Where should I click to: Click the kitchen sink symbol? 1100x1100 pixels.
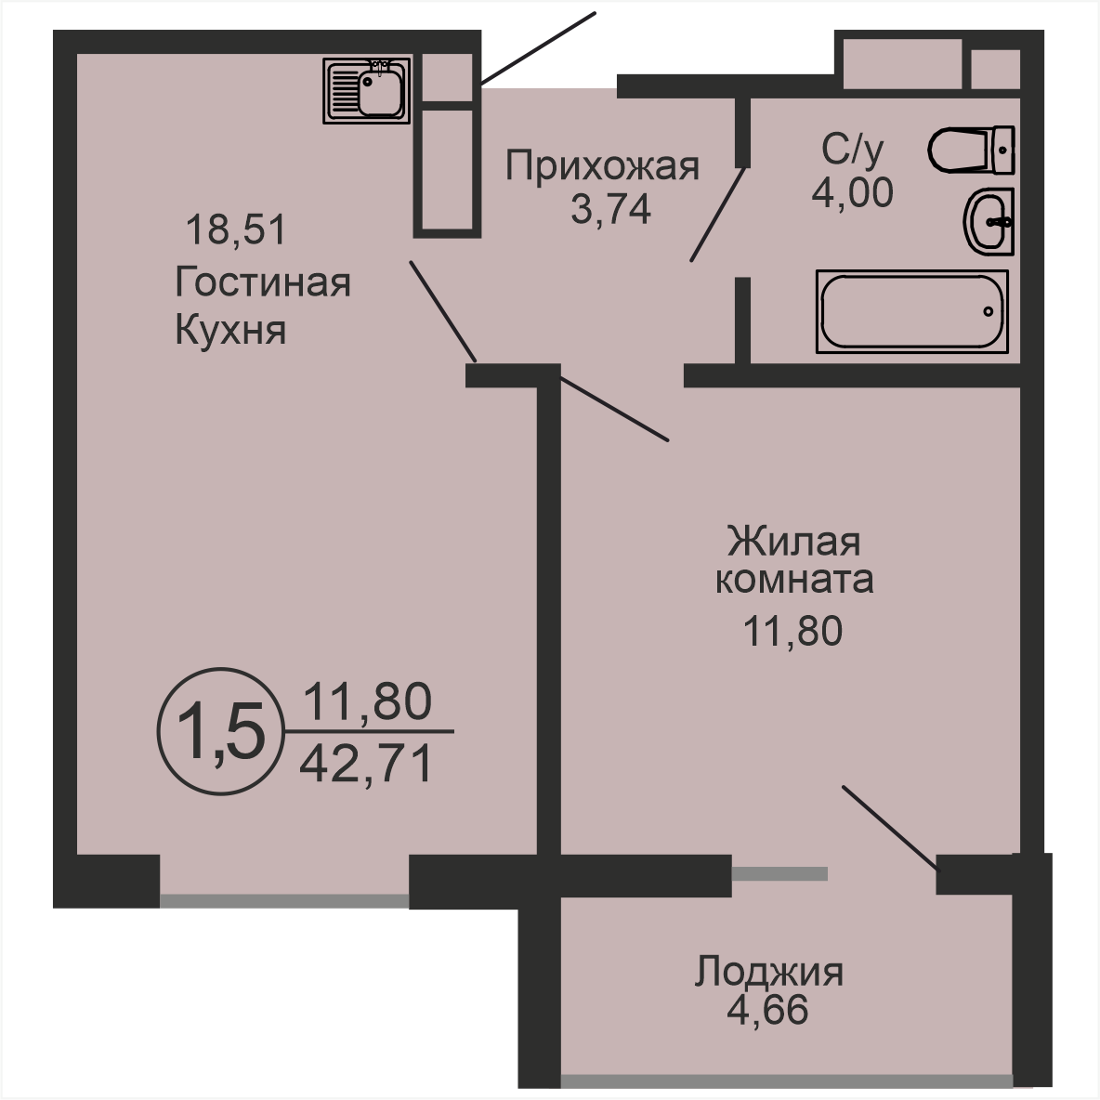coord(366,90)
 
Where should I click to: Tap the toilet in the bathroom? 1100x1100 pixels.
coord(972,150)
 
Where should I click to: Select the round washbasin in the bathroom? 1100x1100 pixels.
coord(989,222)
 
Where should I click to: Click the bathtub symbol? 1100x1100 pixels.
coord(912,311)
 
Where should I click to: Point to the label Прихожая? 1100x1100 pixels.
coord(603,167)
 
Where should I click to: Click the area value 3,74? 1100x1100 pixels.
coord(611,208)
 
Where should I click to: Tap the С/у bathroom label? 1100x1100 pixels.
coord(852,150)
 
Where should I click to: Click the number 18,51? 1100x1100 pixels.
coord(236,229)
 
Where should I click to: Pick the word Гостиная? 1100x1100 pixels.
coord(263,282)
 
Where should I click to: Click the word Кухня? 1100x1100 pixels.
coord(230,330)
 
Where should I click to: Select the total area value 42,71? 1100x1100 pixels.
coord(365,764)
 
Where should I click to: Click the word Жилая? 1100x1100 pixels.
coord(794,542)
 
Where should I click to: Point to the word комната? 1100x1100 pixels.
coord(794,580)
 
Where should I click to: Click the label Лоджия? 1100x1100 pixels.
coord(769,973)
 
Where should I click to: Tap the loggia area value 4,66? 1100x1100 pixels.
coord(767,1010)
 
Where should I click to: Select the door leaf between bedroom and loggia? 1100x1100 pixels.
coord(890,829)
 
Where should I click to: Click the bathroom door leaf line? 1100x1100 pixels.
coord(717,214)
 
